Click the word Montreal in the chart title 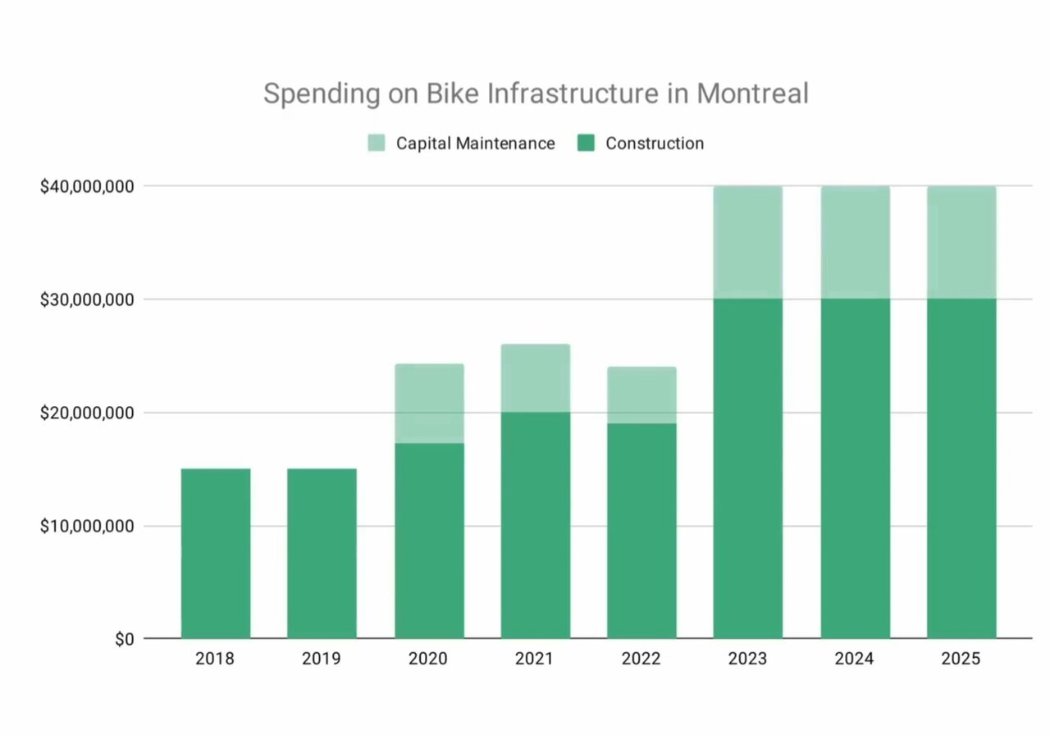(752, 94)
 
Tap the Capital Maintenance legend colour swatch (377, 144)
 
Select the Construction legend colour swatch (586, 144)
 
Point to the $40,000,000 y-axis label (88, 186)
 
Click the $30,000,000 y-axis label (88, 299)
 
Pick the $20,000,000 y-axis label (88, 413)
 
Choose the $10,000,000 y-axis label (88, 526)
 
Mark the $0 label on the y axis (122, 639)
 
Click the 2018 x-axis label (215, 659)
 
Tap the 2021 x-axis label (535, 659)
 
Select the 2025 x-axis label (961, 659)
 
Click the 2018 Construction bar (216, 554)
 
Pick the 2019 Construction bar (322, 554)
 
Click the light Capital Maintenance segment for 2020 (429, 404)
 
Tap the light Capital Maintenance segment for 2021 (536, 378)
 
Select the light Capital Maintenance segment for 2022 (641, 395)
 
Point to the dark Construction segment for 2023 (748, 468)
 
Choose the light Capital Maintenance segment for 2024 (855, 243)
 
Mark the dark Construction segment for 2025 (961, 468)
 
